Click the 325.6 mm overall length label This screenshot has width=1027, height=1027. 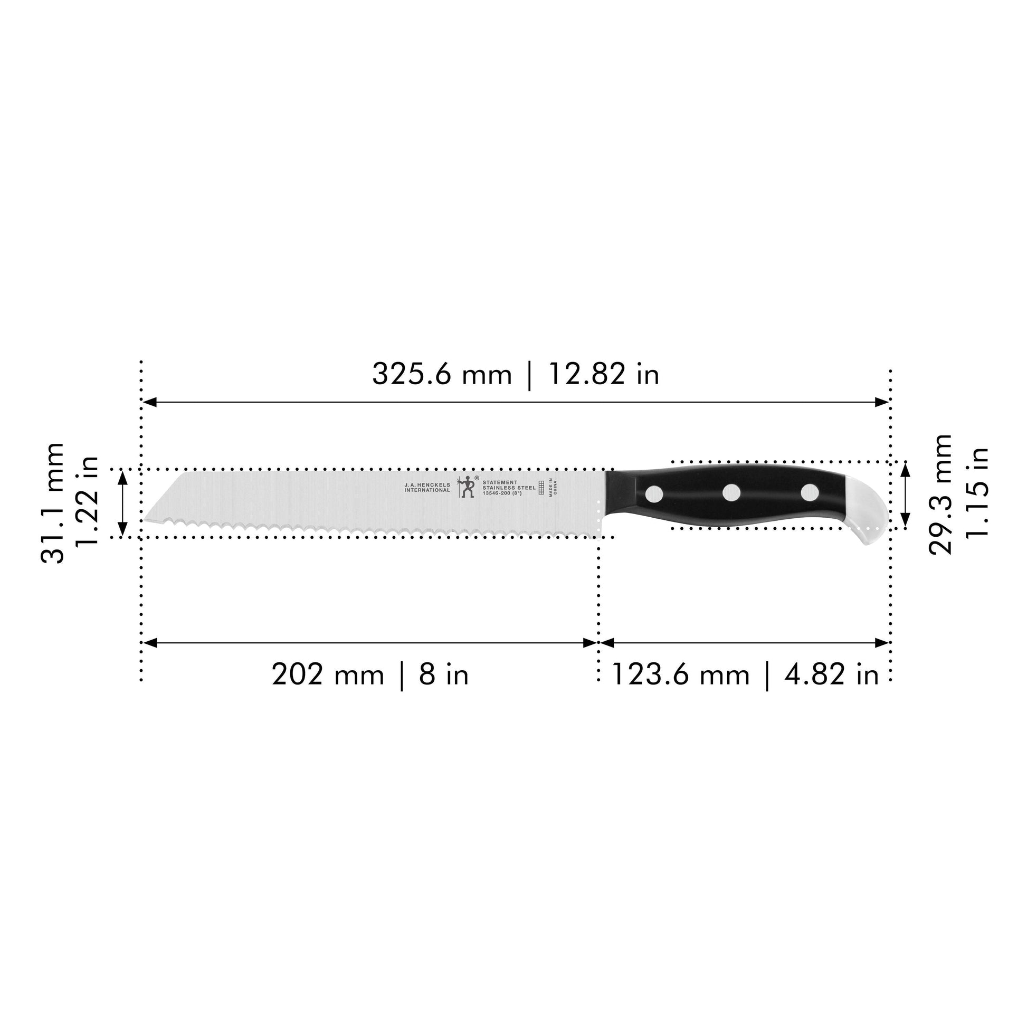(x=441, y=374)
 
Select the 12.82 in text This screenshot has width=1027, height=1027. (x=603, y=374)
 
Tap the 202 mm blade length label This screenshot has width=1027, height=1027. (x=328, y=675)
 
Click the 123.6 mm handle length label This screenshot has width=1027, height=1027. (x=681, y=675)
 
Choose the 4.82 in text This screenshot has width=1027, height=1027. (x=831, y=675)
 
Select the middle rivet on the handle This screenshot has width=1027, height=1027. (x=732, y=493)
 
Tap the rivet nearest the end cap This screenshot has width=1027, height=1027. (x=810, y=493)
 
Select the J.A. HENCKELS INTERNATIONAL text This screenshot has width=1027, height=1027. (x=427, y=488)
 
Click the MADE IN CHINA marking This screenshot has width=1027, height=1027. (x=553, y=488)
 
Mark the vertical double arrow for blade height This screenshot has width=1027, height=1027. (x=123, y=503)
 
